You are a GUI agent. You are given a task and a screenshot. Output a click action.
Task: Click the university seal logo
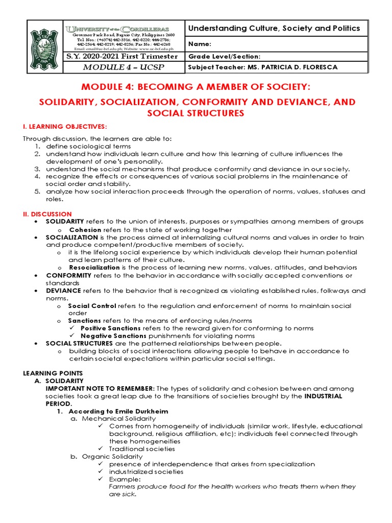click(x=44, y=47)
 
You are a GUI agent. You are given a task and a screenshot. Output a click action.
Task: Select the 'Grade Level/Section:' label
click(x=225, y=57)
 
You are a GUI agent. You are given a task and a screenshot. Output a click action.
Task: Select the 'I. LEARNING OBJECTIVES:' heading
click(x=65, y=126)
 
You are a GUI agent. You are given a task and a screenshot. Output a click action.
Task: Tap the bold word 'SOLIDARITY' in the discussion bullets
click(x=65, y=222)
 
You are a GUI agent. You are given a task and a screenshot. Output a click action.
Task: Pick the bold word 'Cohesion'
click(x=85, y=229)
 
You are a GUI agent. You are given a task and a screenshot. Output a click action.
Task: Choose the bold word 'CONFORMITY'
click(x=68, y=275)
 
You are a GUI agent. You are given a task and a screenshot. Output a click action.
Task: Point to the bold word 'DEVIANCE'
click(x=64, y=291)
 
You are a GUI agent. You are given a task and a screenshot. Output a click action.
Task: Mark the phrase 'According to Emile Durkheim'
click(x=118, y=411)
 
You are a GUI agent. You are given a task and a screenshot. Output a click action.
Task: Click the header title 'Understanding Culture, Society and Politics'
click(x=274, y=29)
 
